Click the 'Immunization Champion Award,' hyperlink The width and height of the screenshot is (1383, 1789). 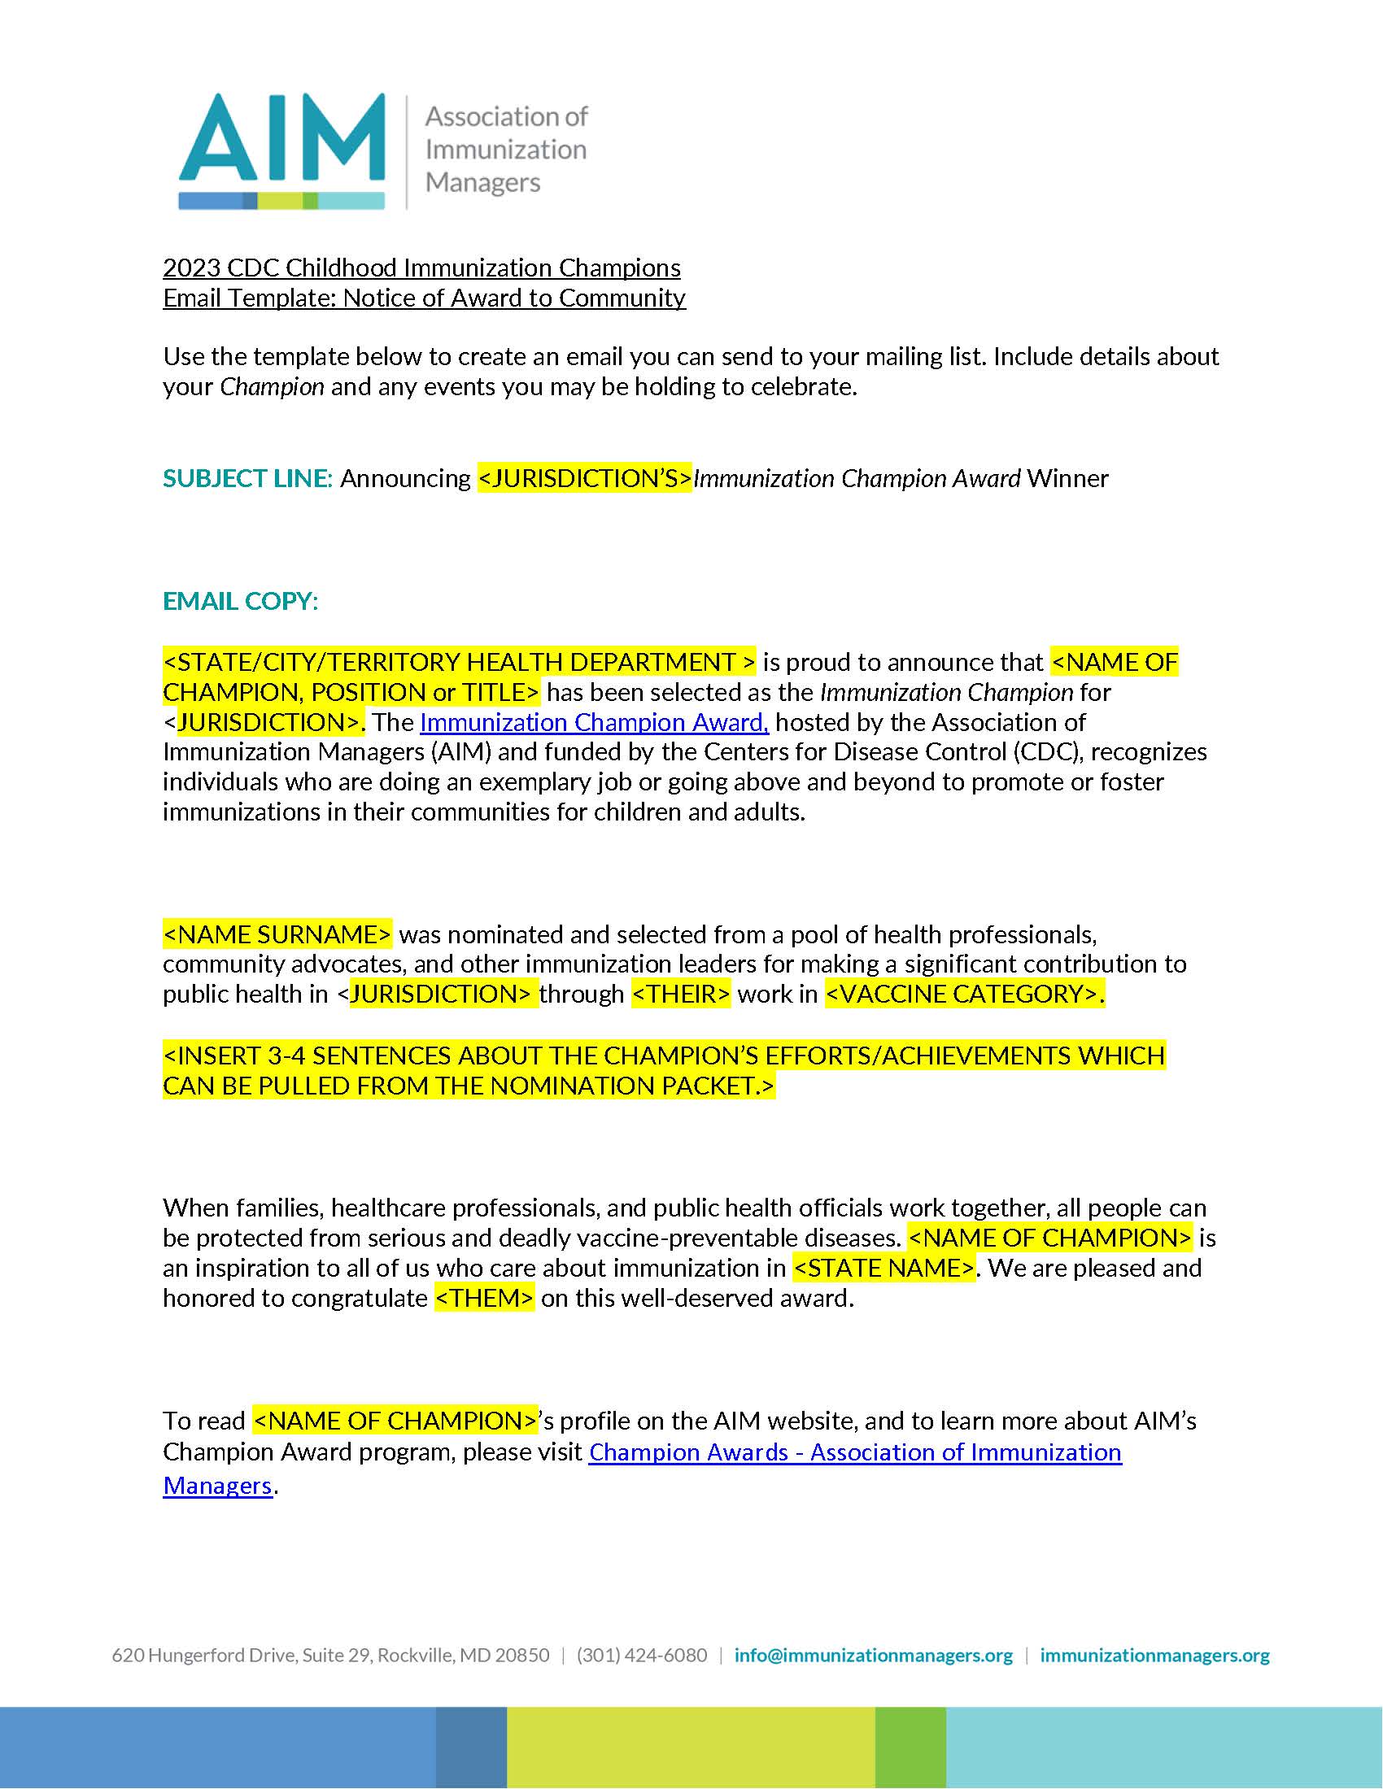(x=594, y=721)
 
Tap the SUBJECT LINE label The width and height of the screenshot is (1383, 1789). (x=246, y=478)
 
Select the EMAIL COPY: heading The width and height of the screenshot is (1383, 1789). (x=240, y=601)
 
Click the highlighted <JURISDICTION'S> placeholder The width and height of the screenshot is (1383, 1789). (x=584, y=478)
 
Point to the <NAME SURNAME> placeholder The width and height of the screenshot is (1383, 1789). (x=277, y=934)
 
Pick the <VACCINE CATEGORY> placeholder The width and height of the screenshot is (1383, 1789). (x=964, y=994)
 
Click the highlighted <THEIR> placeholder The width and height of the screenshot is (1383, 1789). (x=681, y=994)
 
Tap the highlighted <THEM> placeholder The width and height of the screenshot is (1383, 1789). (x=484, y=1299)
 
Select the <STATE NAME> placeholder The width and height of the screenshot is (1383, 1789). (x=884, y=1268)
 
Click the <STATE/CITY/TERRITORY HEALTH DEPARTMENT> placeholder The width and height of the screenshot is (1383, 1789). (x=459, y=662)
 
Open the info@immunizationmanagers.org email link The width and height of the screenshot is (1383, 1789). (x=874, y=1656)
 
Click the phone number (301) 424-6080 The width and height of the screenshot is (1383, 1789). (x=642, y=1656)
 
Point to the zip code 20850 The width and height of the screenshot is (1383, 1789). (x=522, y=1656)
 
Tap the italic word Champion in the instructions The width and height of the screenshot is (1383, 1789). (x=271, y=386)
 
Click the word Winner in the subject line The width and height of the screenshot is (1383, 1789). (x=1067, y=478)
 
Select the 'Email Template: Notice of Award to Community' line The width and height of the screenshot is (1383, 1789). (x=424, y=298)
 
